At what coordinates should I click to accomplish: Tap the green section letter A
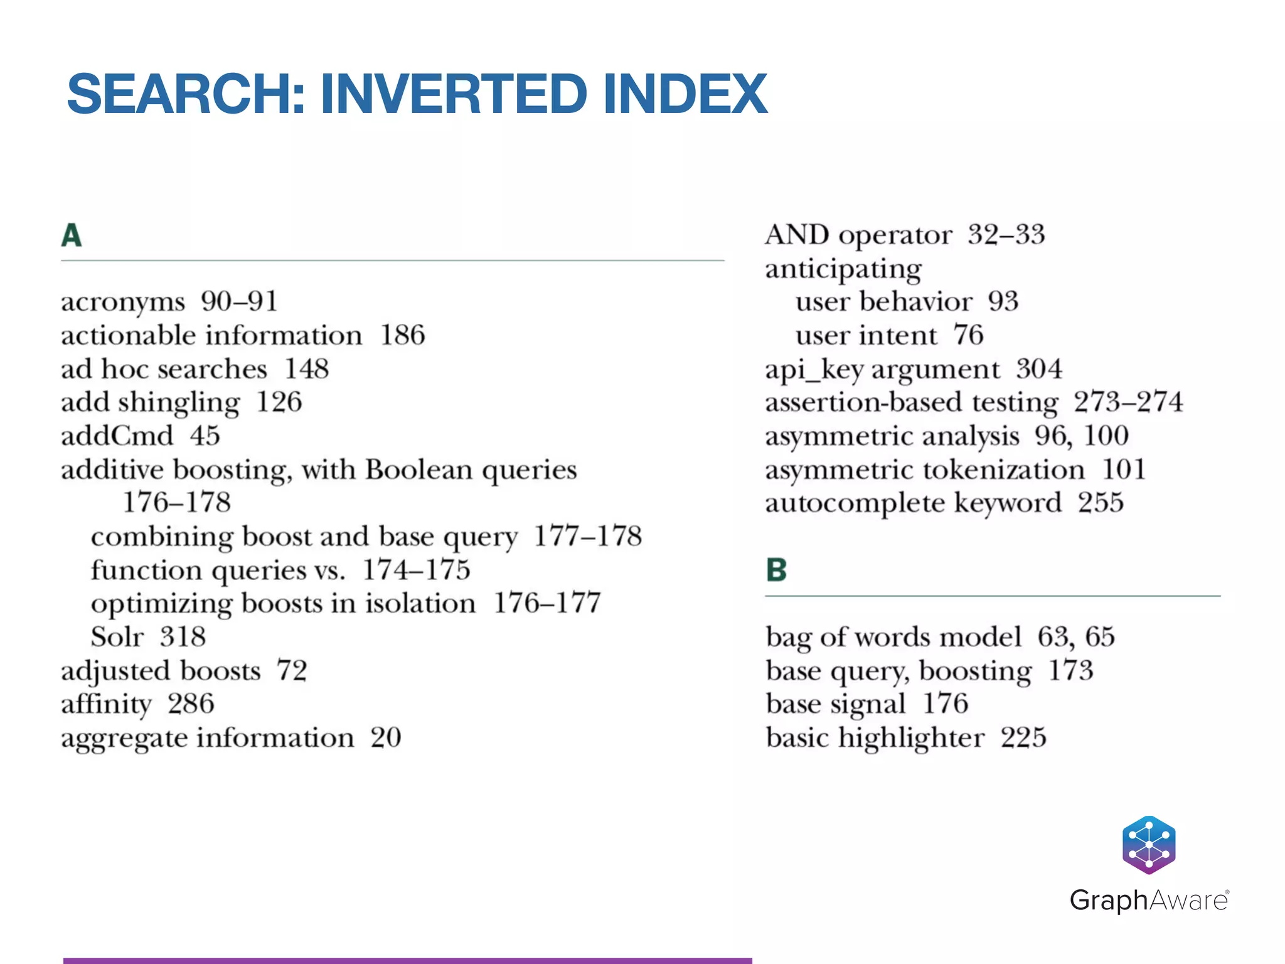pos(72,236)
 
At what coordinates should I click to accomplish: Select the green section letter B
pos(776,570)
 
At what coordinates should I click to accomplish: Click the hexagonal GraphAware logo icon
pos(1148,845)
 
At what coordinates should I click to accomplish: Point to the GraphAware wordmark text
pos(1148,901)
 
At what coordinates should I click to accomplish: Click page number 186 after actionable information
pos(403,335)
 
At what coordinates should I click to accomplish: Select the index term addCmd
pos(117,436)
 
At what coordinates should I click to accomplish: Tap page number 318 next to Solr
pos(183,637)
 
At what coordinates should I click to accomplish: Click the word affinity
pos(106,705)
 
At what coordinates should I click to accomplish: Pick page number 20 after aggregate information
pos(386,738)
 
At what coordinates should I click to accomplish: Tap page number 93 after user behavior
pos(1003,302)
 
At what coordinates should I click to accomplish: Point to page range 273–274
pos(1128,402)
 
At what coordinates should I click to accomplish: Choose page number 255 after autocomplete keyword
pos(1101,503)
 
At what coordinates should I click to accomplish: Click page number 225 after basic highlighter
pos(1023,738)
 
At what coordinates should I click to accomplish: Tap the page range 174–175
pos(417,570)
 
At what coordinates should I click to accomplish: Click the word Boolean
pos(419,469)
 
